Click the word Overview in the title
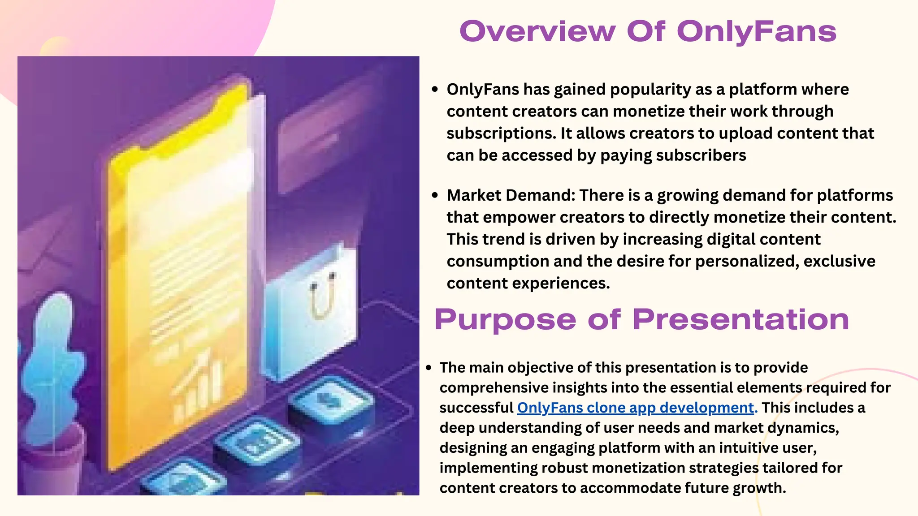[537, 31]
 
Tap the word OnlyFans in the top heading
[756, 31]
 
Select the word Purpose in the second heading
[505, 320]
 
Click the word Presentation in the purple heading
[740, 320]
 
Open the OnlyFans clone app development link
[635, 408]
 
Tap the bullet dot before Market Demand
[434, 195]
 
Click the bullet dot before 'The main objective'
[429, 368]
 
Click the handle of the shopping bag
[322, 296]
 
